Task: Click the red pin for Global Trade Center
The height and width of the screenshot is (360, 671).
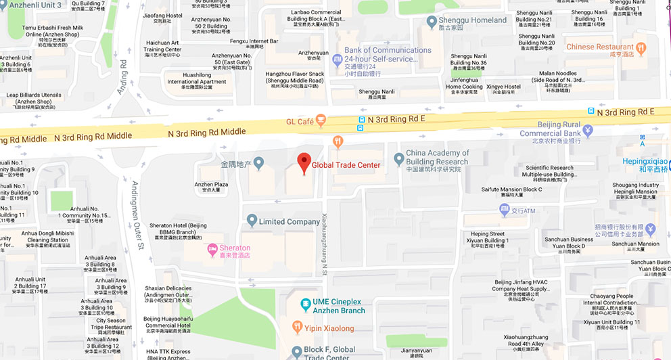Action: tap(304, 163)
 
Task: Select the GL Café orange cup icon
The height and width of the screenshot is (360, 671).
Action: tap(321, 121)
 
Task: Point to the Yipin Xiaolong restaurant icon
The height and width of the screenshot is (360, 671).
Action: tap(296, 328)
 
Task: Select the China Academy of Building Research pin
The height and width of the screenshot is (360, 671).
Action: tap(398, 158)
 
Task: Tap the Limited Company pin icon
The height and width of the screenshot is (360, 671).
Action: tap(252, 221)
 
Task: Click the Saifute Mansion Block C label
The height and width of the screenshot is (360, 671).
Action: tap(512, 191)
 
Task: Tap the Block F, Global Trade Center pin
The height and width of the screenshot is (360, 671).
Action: tap(296, 351)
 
